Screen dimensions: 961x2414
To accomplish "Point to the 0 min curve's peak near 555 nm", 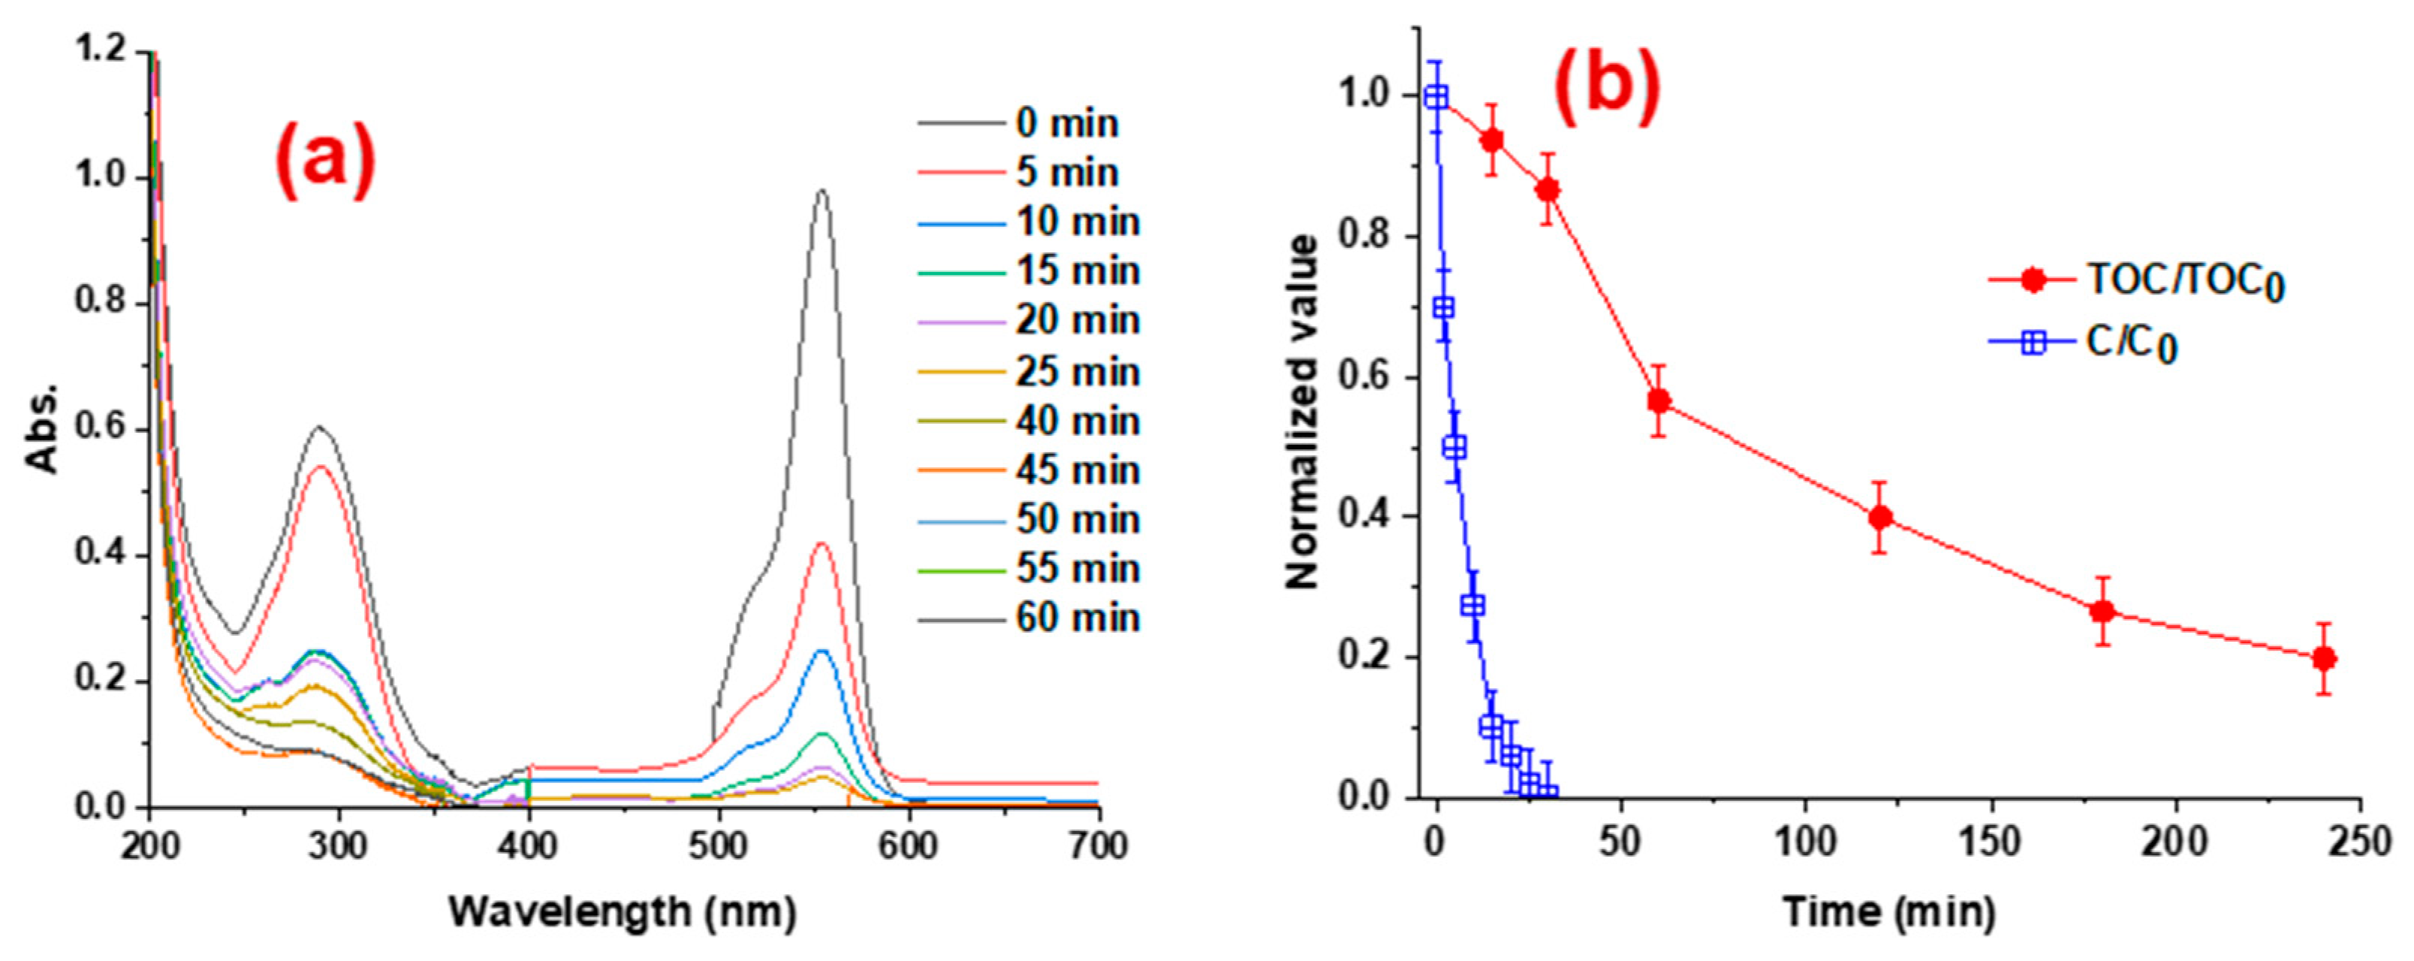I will click(822, 192).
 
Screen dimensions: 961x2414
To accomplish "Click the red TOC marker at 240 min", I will click(2323, 658).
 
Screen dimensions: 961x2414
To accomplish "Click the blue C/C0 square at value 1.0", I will click(1436, 98).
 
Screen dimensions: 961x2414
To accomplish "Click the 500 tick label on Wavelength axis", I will click(718, 846).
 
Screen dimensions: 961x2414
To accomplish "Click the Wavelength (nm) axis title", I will click(623, 911).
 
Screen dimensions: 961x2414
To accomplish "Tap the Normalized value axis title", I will click(1303, 413).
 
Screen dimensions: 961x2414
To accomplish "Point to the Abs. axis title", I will click(42, 428).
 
